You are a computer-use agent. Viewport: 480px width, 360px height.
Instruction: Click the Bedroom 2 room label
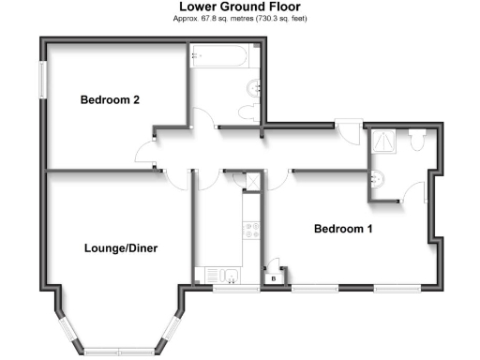pos(110,100)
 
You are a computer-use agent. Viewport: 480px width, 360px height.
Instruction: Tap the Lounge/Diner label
pos(120,248)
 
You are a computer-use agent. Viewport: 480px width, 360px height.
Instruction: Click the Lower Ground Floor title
pos(239,7)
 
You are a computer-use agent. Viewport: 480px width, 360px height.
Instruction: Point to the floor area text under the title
pos(241,18)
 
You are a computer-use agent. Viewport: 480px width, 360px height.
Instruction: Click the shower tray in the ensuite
pos(384,141)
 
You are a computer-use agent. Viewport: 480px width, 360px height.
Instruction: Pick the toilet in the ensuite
pos(417,139)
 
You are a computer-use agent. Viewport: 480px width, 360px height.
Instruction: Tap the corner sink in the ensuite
pos(377,178)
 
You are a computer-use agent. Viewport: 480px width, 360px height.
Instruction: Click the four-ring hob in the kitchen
pos(250,229)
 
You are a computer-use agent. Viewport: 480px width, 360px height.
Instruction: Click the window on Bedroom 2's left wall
pos(41,79)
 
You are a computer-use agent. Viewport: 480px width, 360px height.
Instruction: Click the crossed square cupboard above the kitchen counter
pos(250,204)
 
